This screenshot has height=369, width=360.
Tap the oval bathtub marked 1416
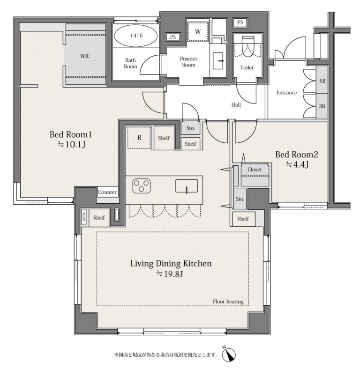pos(136,36)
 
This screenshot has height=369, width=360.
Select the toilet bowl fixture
pos(248,46)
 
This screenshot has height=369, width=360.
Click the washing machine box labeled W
pos(198,32)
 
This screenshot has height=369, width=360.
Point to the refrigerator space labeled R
pos(139,138)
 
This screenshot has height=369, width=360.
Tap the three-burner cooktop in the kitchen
pos(142,186)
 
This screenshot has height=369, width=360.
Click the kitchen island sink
pos(187,186)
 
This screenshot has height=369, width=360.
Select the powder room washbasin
pos(218,61)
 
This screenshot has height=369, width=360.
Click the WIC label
pos(85,56)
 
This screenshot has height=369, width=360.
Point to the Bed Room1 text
pos(70,134)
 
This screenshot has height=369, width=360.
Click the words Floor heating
pos(228,302)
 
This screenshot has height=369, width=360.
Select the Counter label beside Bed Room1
pos(107,192)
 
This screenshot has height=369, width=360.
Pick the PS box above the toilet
pos(240,22)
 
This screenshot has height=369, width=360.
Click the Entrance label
pos(286,93)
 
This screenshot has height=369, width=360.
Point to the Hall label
pos(236,105)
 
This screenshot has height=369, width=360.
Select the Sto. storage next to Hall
pos(191,128)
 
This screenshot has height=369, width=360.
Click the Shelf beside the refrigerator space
pos(164,138)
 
